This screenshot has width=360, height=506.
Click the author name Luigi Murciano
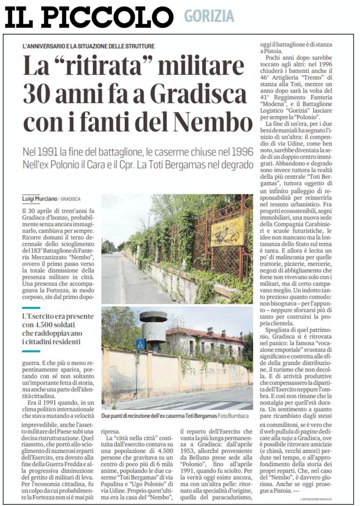[40, 199]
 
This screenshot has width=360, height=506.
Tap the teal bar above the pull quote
[31, 308]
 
